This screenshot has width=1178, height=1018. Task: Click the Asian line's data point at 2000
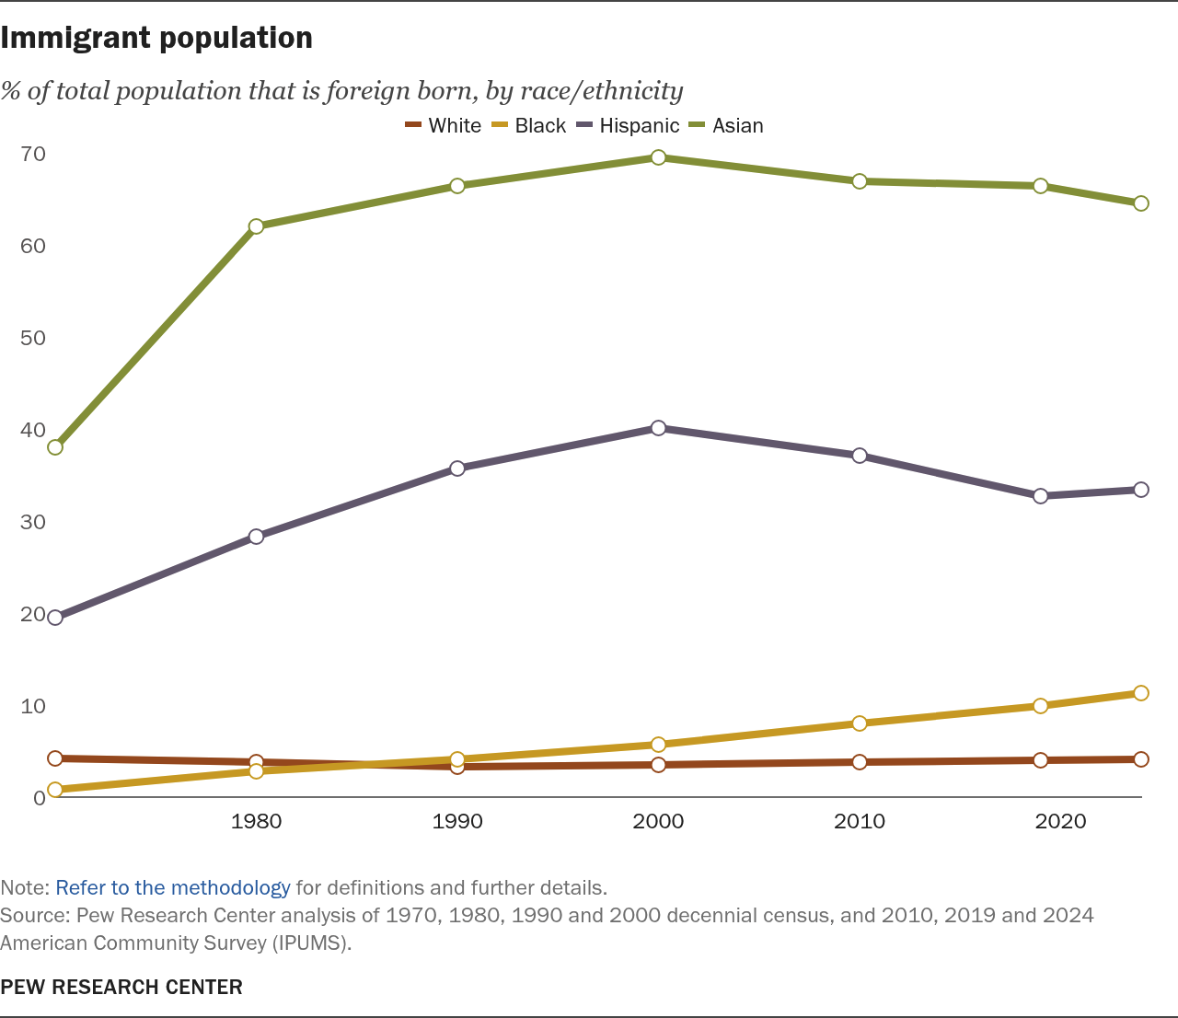tap(658, 157)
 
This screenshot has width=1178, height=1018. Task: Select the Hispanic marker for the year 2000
tap(658, 428)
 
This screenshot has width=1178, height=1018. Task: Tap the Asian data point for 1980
tap(256, 226)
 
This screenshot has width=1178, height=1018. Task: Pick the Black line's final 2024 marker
tap(1141, 693)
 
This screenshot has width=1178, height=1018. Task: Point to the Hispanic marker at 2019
tap(1041, 496)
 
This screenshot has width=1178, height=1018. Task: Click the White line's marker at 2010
tap(860, 762)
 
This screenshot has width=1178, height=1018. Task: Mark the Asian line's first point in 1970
tap(55, 447)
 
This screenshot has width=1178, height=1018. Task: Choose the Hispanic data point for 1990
tap(457, 469)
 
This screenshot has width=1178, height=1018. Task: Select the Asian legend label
tap(737, 126)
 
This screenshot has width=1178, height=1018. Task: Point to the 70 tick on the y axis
tap(33, 154)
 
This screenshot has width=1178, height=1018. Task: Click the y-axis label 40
tap(33, 430)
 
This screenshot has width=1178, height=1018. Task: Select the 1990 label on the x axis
tap(457, 821)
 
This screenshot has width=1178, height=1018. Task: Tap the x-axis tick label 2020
tap(1060, 821)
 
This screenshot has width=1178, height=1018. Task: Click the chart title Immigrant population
tap(156, 38)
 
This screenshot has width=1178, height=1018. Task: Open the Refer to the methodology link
tap(173, 888)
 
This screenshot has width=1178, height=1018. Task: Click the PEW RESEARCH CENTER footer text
tap(121, 987)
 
